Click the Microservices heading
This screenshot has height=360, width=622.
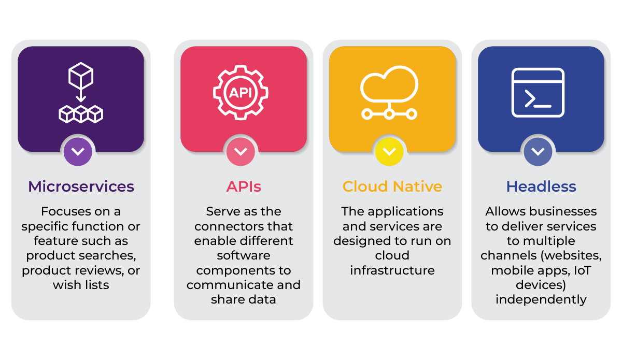point(81,186)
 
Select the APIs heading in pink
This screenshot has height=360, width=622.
point(244,186)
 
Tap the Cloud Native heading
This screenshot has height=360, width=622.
point(392,186)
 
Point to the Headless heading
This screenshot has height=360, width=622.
point(541,186)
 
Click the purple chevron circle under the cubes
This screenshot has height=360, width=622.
point(78,152)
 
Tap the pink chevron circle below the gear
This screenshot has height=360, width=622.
point(241,152)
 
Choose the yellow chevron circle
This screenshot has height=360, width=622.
point(389,152)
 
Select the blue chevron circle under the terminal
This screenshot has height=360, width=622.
point(538,152)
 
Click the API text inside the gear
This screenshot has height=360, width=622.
point(241,92)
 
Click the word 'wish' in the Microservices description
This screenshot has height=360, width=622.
point(65,285)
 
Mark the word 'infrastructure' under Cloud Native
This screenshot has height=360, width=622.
point(392,270)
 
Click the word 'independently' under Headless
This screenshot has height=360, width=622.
point(541,300)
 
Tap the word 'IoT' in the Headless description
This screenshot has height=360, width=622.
point(583,270)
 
